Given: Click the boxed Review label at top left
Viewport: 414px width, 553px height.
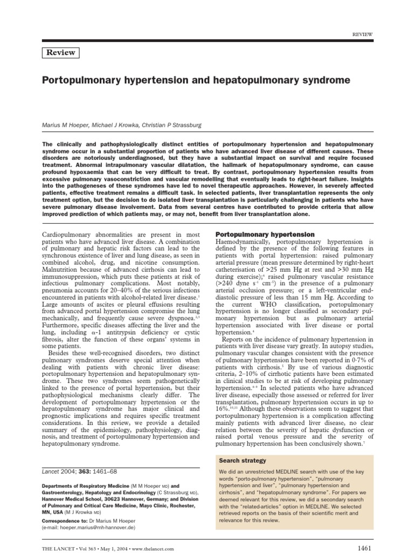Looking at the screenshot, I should [x=60, y=53].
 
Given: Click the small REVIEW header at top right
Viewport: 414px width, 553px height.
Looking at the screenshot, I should [x=362, y=33].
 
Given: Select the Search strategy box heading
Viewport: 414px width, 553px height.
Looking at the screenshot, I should [x=242, y=461].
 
